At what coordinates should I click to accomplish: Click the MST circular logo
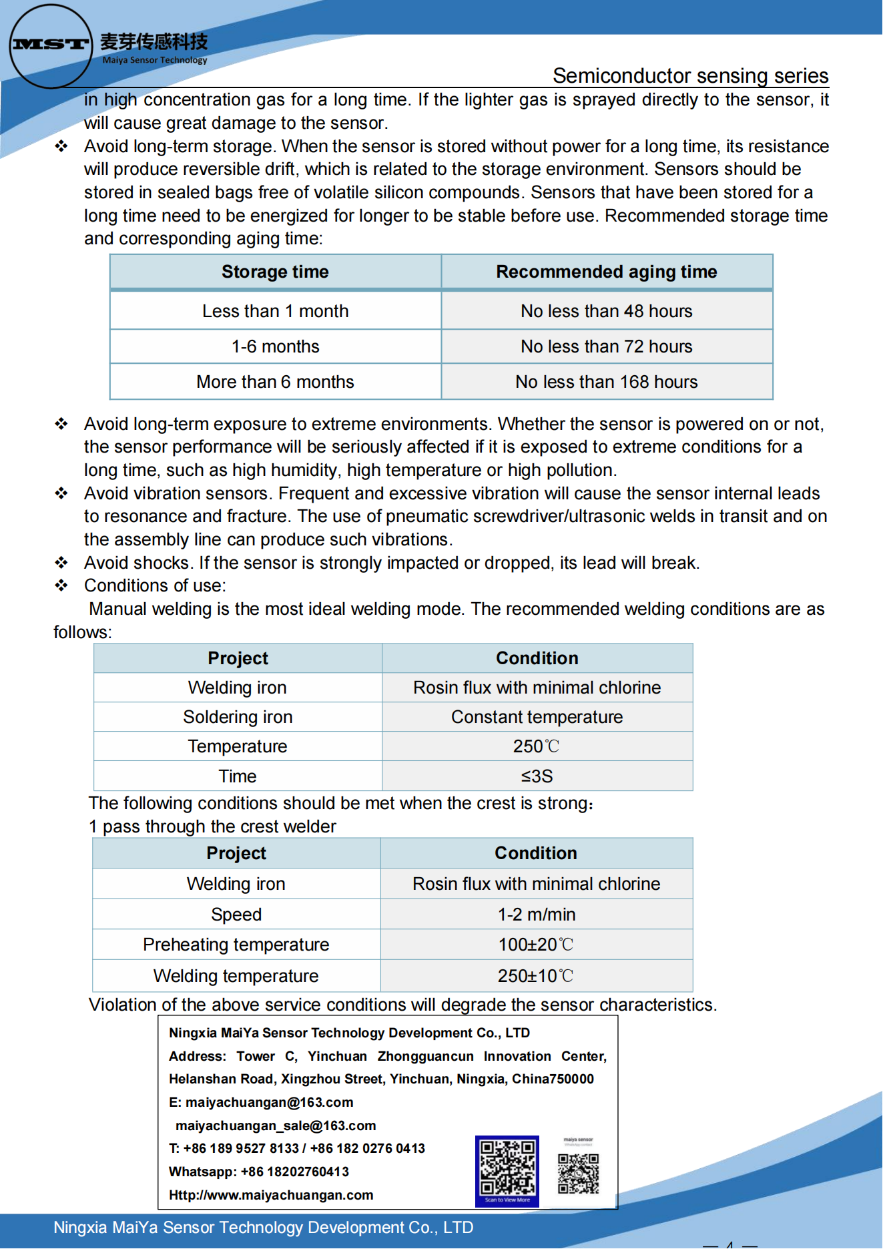pos(50,45)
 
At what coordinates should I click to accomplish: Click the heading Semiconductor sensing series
pos(690,75)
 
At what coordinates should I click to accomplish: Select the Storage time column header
pos(275,272)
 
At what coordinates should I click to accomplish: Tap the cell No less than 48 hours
pos(606,311)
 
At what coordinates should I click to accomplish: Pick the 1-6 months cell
pos(275,346)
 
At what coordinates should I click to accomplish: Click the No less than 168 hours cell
pos(606,382)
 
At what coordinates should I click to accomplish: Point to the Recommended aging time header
pos(606,272)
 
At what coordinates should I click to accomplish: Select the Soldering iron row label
pos(238,717)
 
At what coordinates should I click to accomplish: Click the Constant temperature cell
pos(537,717)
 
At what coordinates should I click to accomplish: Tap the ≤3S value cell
pos(537,776)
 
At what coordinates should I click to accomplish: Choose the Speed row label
pos(236,915)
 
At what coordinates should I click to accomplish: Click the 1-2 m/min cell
pos(536,915)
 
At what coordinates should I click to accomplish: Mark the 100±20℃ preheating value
pos(536,945)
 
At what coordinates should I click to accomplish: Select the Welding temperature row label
pos(236,976)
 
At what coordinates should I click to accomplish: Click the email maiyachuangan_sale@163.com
pos(276,1126)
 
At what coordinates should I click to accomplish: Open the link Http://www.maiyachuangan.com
pos(271,1195)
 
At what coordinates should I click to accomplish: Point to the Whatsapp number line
pos(259,1172)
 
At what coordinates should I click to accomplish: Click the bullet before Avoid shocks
pos(61,563)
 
